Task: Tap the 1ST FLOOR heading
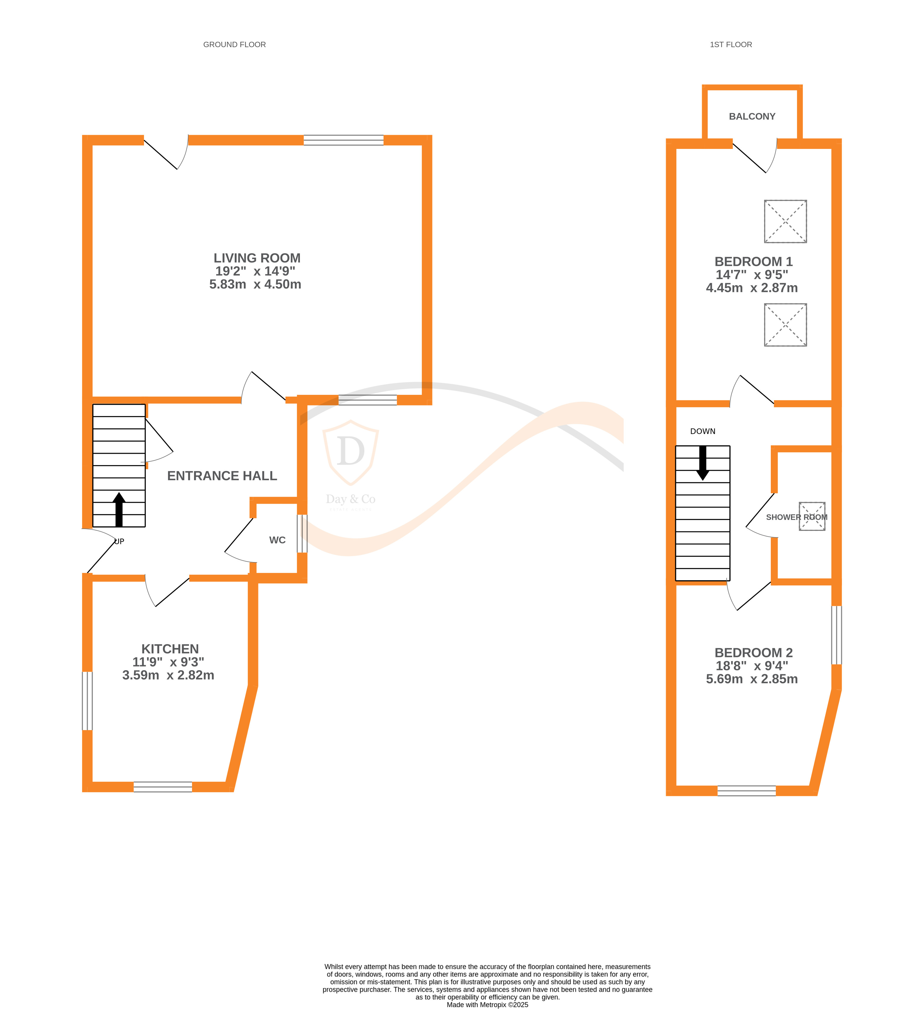[730, 44]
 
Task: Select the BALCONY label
[752, 116]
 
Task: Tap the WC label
[277, 540]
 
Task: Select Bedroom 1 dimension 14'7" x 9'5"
[752, 275]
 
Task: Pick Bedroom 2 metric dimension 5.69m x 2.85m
[752, 679]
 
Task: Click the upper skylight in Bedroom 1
[785, 221]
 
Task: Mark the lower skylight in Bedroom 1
[785, 325]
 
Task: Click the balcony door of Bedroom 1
[754, 156]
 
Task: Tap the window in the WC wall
[302, 534]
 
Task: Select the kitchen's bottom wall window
[163, 787]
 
